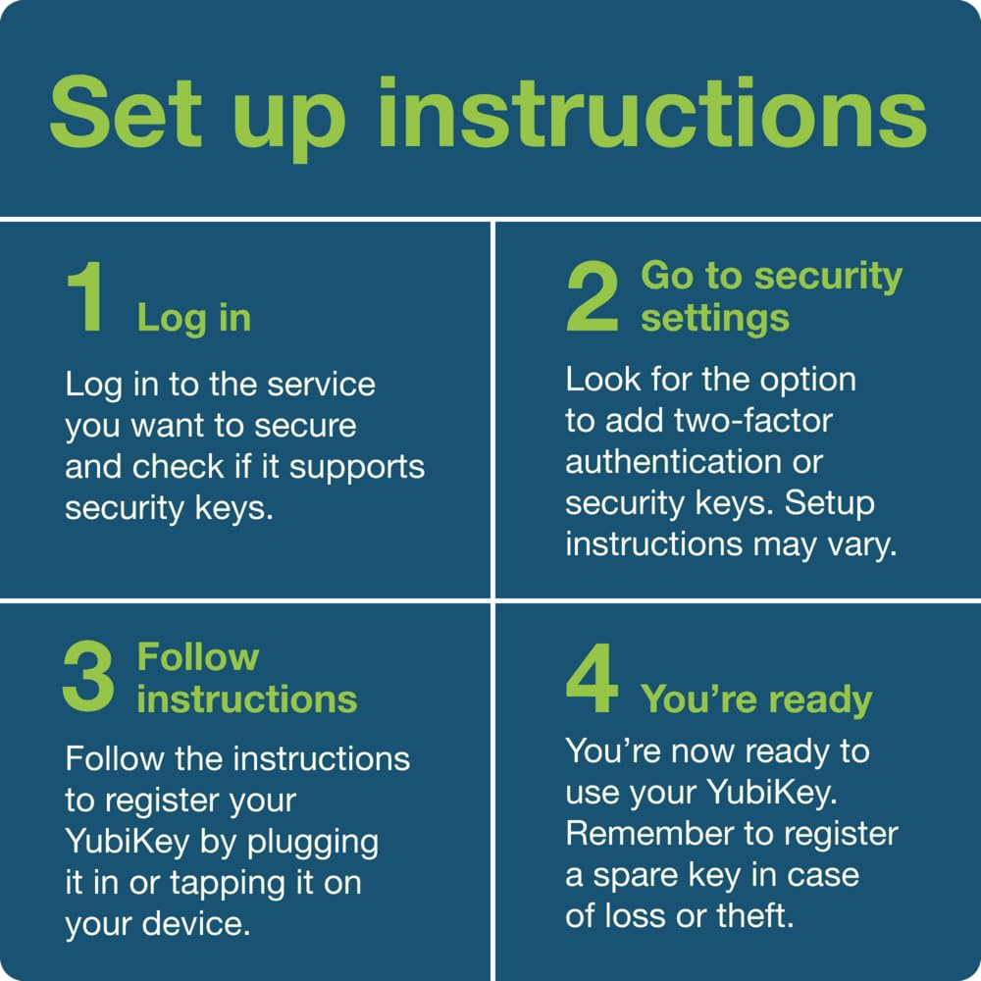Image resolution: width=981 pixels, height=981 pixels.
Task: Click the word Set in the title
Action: [126, 113]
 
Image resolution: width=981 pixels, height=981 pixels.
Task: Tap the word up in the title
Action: [291, 122]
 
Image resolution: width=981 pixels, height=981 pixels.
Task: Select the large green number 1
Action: [85, 296]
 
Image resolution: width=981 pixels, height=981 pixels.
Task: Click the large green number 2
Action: [592, 296]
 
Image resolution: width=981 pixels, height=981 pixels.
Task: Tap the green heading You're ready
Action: [755, 700]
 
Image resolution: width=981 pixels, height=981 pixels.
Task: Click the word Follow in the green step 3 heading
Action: [198, 657]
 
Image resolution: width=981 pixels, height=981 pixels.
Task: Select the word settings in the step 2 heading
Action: [715, 320]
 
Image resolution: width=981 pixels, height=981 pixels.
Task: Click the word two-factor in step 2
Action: [752, 421]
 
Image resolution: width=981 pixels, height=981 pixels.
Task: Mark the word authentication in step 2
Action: [673, 462]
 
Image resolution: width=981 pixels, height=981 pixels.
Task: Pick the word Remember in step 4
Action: [649, 834]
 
